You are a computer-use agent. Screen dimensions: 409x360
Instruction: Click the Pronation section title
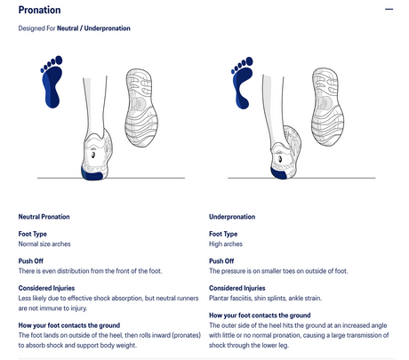click(x=39, y=10)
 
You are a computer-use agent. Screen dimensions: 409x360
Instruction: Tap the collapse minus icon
click(x=389, y=9)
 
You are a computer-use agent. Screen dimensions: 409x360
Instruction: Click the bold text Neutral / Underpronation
click(x=93, y=28)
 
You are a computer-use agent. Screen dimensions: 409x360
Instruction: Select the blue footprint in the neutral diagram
click(x=52, y=82)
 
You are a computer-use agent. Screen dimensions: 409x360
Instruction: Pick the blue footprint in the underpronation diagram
click(x=242, y=83)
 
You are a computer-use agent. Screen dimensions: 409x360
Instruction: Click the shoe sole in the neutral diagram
click(x=141, y=108)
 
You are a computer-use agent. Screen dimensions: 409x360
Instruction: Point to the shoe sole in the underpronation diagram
click(x=327, y=107)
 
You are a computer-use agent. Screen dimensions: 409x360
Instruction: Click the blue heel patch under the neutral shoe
click(x=92, y=174)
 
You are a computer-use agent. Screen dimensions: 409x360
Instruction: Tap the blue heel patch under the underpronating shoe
click(x=279, y=172)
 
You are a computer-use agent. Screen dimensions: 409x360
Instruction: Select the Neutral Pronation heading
click(x=44, y=217)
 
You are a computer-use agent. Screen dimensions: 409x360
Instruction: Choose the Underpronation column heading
click(x=232, y=217)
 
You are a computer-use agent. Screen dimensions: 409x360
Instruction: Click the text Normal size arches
click(x=44, y=244)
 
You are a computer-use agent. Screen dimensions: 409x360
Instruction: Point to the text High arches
click(x=226, y=244)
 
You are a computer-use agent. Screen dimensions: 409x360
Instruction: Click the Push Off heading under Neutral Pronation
click(x=31, y=261)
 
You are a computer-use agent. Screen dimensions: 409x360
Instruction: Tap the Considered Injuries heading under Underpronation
click(x=237, y=288)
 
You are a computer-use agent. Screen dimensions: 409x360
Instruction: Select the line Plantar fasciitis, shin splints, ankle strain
click(x=265, y=298)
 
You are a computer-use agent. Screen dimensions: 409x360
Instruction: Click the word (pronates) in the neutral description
click(x=187, y=335)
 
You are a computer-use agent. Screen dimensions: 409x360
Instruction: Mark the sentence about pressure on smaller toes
click(x=278, y=271)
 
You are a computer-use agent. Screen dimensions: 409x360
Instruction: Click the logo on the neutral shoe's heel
click(x=93, y=155)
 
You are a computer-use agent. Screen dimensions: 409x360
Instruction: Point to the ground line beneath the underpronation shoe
click(x=301, y=178)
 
